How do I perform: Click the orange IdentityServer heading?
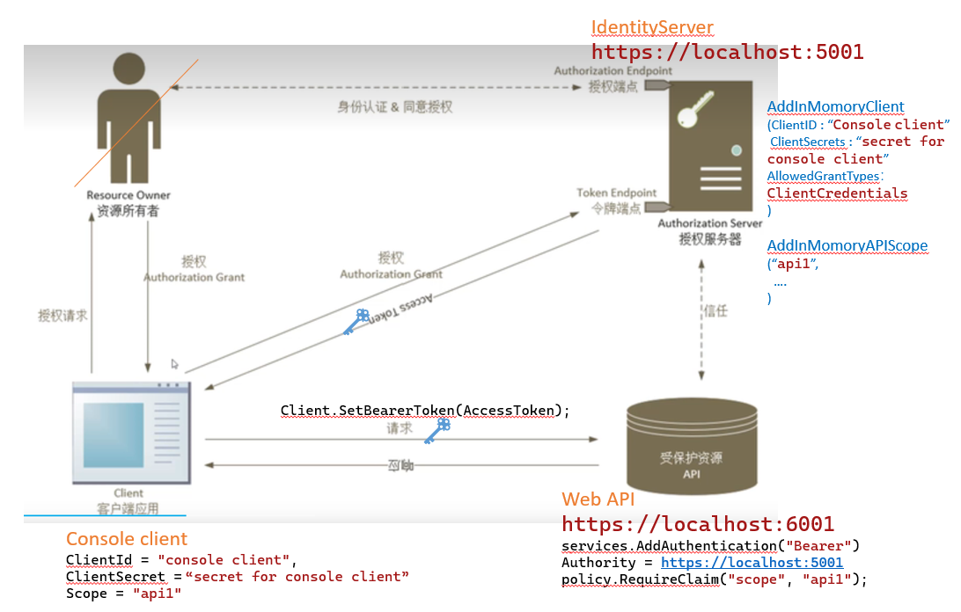tap(652, 27)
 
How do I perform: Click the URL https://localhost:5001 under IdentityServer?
tap(727, 52)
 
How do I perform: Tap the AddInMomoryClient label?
tap(835, 106)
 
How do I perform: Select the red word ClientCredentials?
tap(837, 193)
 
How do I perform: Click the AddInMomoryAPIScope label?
tap(847, 245)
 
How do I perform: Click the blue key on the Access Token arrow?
tap(356, 321)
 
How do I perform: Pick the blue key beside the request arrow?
tap(437, 430)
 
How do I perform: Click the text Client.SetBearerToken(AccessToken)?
tap(425, 411)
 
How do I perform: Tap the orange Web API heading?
tap(598, 499)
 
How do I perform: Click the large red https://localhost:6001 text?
tap(698, 525)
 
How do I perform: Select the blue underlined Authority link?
tap(752, 563)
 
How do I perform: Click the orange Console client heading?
tap(127, 539)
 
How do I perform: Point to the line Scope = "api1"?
tap(123, 594)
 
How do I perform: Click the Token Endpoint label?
tap(616, 193)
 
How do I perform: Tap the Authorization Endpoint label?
tap(613, 70)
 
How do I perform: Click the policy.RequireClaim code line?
tap(714, 579)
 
